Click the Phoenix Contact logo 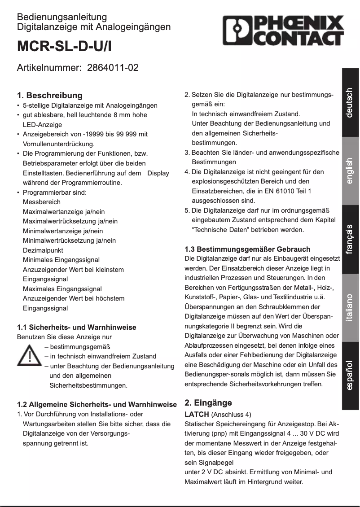click(283, 31)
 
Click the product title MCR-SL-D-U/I click(64, 47)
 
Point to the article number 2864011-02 click(113, 68)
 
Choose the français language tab click(350, 239)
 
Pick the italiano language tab click(350, 308)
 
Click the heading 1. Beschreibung click(50, 95)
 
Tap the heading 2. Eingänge click(208, 402)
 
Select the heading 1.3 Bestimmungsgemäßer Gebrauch click(247, 249)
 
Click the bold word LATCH click(197, 414)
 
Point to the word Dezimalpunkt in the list click(43, 250)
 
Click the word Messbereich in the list click(42, 202)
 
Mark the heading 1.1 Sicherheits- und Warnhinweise click(76, 327)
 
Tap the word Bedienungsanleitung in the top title click(62, 17)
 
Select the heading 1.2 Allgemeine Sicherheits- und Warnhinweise click(97, 404)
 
